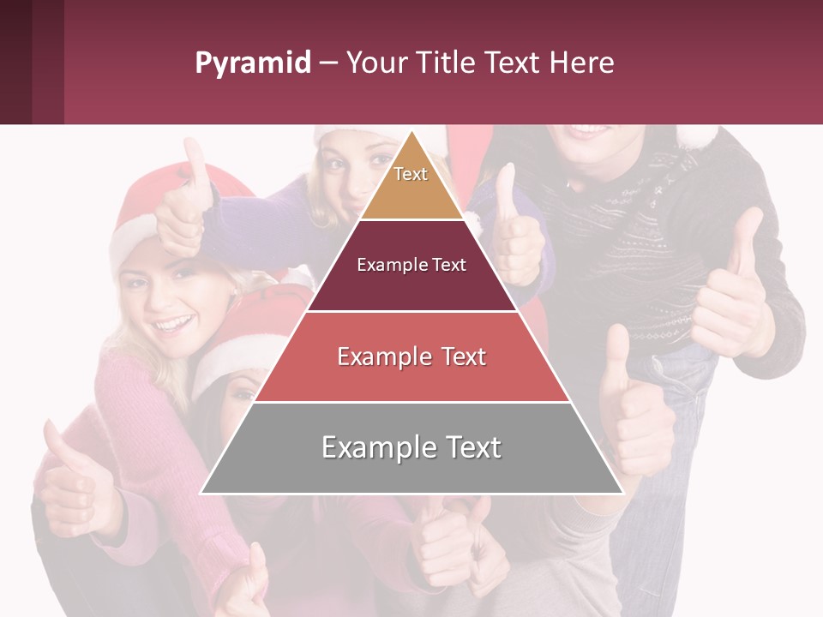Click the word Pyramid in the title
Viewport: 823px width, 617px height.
pyautogui.click(x=252, y=63)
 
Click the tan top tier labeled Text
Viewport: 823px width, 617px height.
pyautogui.click(x=411, y=180)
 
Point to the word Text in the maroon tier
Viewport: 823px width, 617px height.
pyautogui.click(x=449, y=266)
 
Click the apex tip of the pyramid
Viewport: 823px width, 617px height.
pyautogui.click(x=411, y=135)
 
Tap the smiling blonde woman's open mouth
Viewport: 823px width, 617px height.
pyautogui.click(x=174, y=325)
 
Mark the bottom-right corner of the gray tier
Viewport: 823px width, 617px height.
pyautogui.click(x=622, y=492)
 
